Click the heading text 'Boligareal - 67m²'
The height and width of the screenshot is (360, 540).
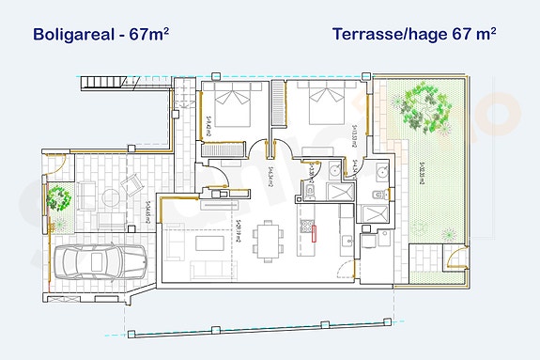point(101,35)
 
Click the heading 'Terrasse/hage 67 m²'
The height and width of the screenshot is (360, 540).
point(413,35)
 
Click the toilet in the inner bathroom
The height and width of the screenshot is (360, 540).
point(311,192)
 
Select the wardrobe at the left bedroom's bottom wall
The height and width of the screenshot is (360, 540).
point(223,149)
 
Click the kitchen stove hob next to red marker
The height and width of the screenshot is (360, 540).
point(306,226)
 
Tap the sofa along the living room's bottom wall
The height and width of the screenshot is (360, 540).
point(207,271)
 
